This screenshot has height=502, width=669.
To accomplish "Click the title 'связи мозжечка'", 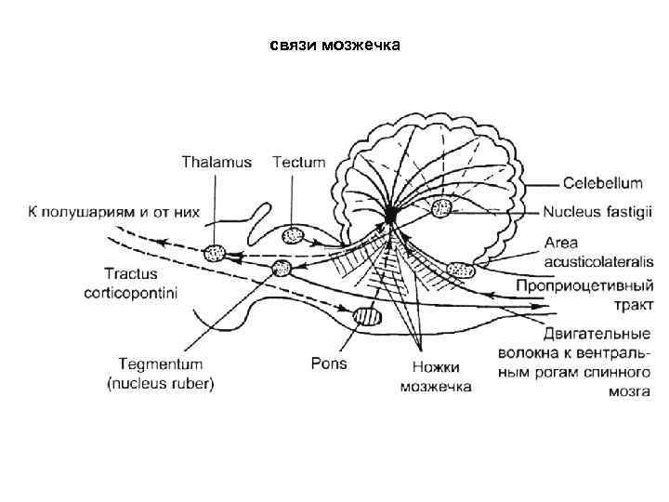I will point(335,46).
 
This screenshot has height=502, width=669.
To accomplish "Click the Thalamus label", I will point(216,163).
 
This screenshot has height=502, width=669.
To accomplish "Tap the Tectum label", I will point(299,163).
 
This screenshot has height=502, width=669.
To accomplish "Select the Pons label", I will point(329,363).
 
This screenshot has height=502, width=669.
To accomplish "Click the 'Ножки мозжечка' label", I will point(436,376).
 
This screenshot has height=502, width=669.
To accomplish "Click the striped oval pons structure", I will point(367,318).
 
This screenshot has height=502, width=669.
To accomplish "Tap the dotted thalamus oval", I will point(215,251).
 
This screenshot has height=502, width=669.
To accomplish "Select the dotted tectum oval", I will point(293,236).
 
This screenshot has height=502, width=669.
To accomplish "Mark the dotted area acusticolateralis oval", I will point(460,271).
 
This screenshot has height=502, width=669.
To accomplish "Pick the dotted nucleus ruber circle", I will point(281,270).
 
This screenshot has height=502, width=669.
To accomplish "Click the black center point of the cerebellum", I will point(390,216).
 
